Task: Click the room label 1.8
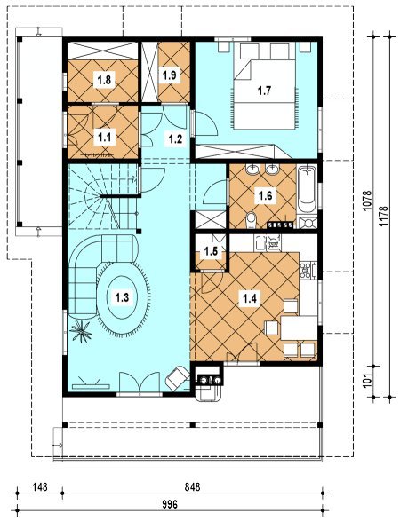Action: pos(104,80)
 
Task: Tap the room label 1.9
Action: pos(169,75)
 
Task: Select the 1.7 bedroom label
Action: pos(265,91)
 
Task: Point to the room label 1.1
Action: pos(104,137)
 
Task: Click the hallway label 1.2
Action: pos(175,138)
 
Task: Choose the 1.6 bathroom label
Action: pos(265,195)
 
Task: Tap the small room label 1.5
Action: pos(211,251)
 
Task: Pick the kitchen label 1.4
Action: pos(249,299)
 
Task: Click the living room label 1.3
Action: pos(122,296)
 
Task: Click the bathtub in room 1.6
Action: pos(307,189)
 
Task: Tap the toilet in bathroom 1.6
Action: pos(252,220)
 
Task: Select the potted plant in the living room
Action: pos(81,331)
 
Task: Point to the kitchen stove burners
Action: pos(305,270)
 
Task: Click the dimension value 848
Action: pos(192,487)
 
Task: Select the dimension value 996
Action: pos(170,504)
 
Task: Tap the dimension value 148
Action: pos(40,487)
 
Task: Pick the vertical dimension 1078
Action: pos(366,201)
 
